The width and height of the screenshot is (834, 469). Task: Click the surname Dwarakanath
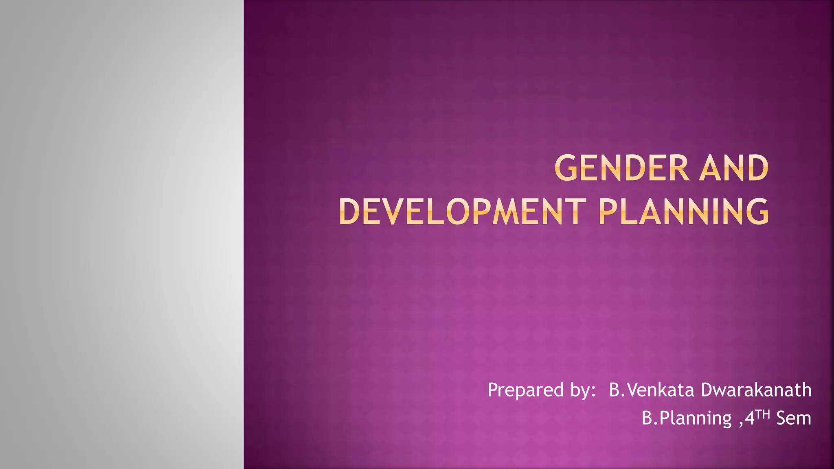756,390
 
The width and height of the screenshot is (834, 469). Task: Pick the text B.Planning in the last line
687,419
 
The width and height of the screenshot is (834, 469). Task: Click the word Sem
794,419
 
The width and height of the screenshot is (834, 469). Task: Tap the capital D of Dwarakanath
707,390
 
